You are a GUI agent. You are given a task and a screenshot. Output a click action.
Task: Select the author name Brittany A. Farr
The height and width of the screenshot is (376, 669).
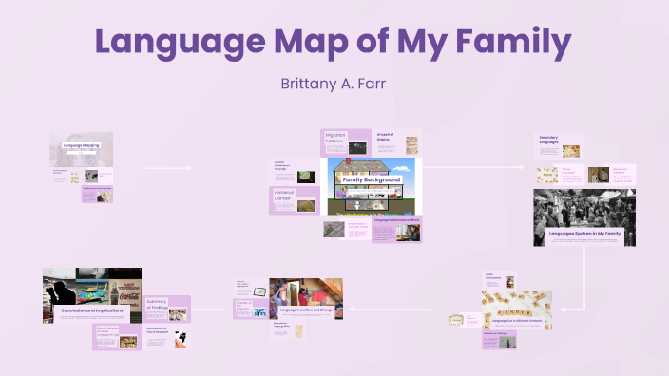(334, 83)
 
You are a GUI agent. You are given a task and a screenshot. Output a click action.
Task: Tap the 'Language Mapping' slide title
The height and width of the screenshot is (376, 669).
(81, 145)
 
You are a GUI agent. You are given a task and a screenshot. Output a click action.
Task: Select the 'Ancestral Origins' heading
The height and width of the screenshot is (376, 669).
(386, 138)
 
